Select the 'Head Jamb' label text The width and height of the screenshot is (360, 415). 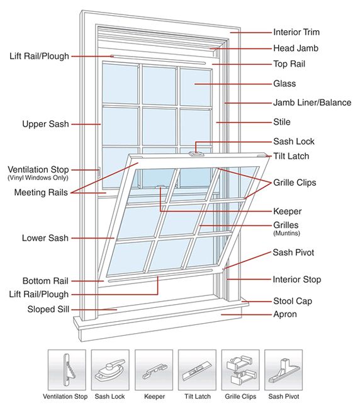click(296, 48)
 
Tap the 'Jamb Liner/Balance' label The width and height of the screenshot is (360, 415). click(312, 103)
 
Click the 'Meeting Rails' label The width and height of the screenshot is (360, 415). click(42, 192)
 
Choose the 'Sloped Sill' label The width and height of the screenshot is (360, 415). click(48, 309)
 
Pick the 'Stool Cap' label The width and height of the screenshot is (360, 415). click(293, 301)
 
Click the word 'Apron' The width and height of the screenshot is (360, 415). click(284, 314)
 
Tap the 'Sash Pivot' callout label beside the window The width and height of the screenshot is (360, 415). click(293, 253)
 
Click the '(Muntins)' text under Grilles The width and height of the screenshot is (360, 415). click(286, 234)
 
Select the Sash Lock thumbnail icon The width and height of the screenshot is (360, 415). click(110, 369)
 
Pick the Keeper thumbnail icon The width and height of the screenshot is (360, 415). click(154, 369)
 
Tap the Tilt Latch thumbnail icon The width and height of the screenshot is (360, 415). click(197, 369)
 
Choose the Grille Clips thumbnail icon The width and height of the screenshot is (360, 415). click(240, 369)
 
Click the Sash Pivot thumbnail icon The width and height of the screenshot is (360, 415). click(283, 369)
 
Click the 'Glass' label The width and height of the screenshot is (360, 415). click(284, 84)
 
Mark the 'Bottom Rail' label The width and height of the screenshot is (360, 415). click(45, 281)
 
